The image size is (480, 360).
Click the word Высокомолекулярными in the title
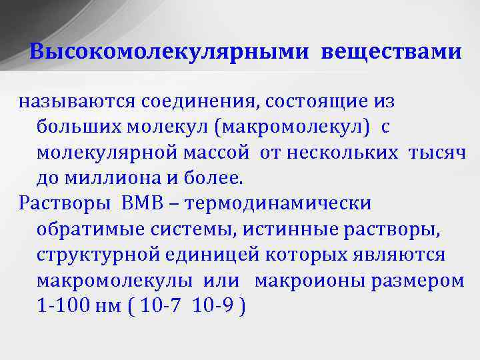(170, 52)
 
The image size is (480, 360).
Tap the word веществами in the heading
(390, 52)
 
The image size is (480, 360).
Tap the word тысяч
(437, 153)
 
